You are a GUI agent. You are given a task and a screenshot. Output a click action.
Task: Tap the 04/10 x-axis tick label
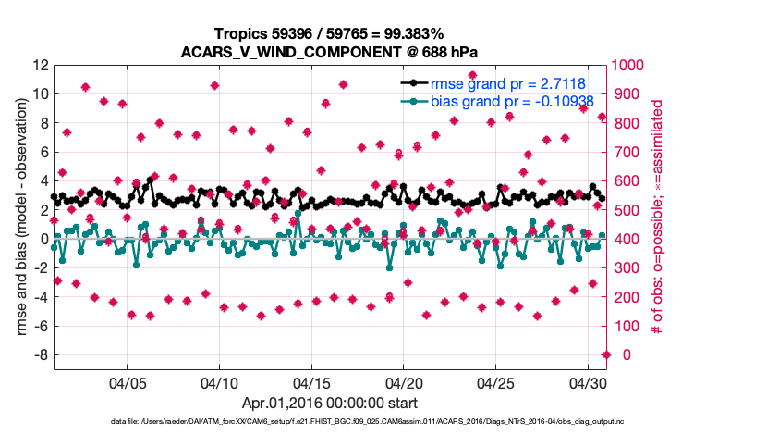[x=220, y=382]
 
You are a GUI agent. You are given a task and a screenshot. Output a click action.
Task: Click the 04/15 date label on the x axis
[x=311, y=382]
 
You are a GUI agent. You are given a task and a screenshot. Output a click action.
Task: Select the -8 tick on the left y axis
[x=38, y=355]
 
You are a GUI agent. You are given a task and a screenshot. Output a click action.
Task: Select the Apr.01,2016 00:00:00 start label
[x=329, y=404]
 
